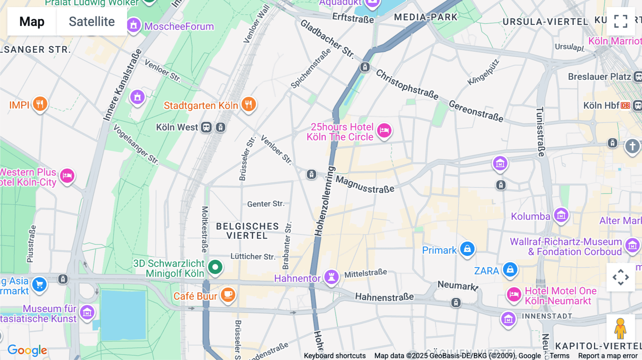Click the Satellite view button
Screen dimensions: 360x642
[92, 21]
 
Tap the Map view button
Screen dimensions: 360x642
[32, 21]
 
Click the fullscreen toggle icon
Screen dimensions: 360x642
[621, 21]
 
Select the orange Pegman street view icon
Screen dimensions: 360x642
[620, 329]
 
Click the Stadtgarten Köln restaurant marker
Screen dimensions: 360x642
[249, 104]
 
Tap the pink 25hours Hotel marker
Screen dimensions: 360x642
[384, 130]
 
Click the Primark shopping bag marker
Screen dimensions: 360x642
[467, 249]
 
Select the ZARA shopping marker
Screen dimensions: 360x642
[510, 269]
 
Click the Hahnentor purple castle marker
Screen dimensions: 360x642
[331, 277]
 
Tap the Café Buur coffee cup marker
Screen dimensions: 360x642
[228, 295]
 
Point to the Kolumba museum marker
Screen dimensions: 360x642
[561, 215]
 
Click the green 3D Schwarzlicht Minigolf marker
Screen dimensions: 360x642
[215, 267]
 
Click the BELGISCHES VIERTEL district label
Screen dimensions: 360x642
[247, 231]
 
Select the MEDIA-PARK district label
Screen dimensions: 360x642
[426, 17]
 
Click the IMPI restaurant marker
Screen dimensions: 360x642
[40, 104]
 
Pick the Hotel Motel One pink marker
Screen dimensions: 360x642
[514, 295]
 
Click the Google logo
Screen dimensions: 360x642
[27, 350]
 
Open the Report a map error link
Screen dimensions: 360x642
[607, 356]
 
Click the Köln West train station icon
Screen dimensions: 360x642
[206, 127]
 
